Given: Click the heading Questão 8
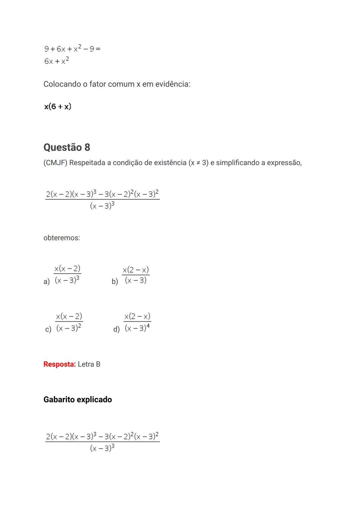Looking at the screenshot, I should (67, 147).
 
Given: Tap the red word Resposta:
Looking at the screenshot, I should (60, 364).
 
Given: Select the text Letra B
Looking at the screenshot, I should (89, 364).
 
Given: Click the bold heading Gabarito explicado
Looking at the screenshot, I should (78, 399).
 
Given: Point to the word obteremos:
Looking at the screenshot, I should (62, 238).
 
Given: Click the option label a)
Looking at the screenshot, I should (47, 281).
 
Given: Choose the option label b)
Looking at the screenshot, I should (115, 281).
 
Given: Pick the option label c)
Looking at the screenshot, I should (48, 329).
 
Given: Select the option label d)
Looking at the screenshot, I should (116, 329).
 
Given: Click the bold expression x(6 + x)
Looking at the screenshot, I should (58, 107).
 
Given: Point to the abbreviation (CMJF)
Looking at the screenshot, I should (55, 163).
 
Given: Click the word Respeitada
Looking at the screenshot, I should (90, 163).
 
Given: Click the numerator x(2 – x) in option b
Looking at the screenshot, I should (136, 269).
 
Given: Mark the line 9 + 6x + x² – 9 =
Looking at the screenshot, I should (72, 49).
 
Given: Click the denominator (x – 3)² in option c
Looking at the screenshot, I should (69, 328).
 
